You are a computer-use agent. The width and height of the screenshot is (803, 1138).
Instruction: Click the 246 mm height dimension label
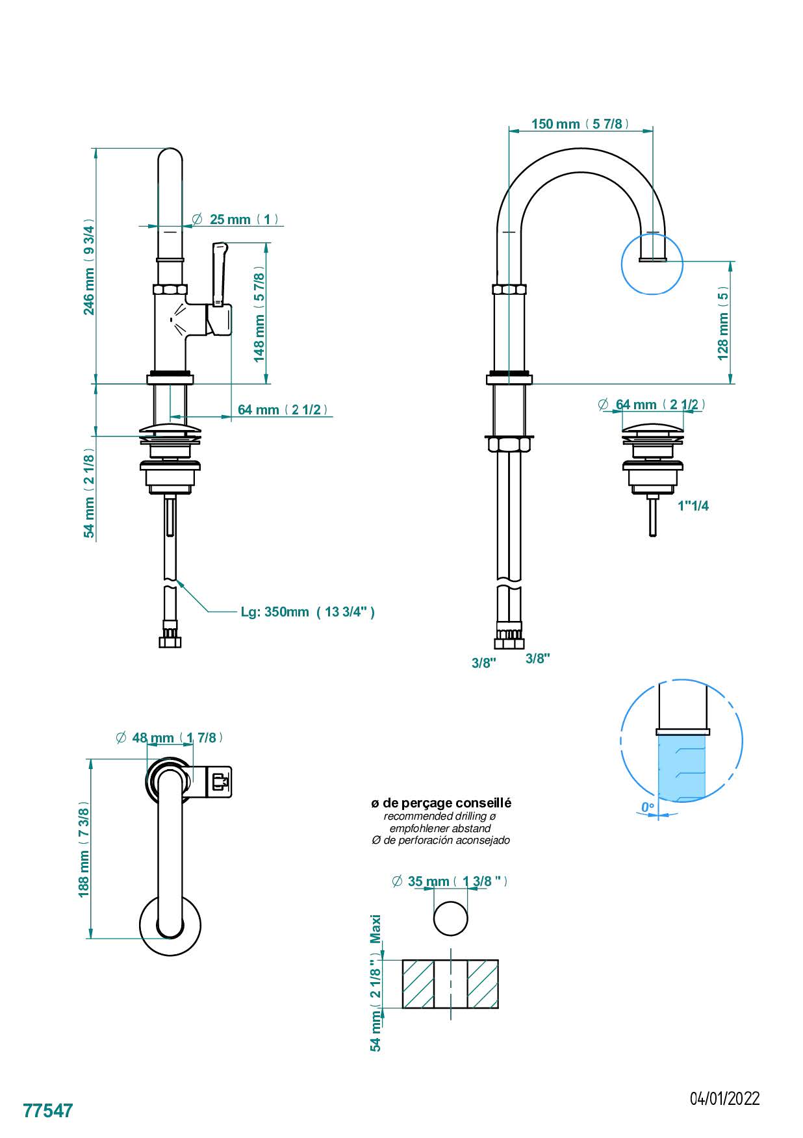89,266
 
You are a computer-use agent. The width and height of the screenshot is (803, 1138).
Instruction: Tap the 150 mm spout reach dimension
580,123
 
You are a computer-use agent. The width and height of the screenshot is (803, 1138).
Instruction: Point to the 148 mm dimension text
259,313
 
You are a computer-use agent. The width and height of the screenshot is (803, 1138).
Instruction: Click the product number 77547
48,1111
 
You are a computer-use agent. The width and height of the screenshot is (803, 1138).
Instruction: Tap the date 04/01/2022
725,1098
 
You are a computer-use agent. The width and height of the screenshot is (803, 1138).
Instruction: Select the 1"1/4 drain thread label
693,506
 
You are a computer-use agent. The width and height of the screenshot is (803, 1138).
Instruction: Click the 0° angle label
648,807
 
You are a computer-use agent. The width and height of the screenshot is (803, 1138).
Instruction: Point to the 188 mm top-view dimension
84,850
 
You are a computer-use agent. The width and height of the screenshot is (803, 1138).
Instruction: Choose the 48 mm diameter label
170,737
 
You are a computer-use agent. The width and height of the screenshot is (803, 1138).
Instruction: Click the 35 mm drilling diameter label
451,881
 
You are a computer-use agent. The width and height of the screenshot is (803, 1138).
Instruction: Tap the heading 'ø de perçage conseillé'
441,803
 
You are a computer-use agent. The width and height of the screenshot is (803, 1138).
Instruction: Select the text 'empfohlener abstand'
440,828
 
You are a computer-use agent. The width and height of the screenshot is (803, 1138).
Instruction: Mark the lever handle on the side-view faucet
220,273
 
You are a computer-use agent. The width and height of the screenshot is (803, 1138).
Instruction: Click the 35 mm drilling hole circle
450,918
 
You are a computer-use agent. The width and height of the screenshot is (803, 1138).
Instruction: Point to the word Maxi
375,929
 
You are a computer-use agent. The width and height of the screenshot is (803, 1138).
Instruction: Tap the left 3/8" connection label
484,663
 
